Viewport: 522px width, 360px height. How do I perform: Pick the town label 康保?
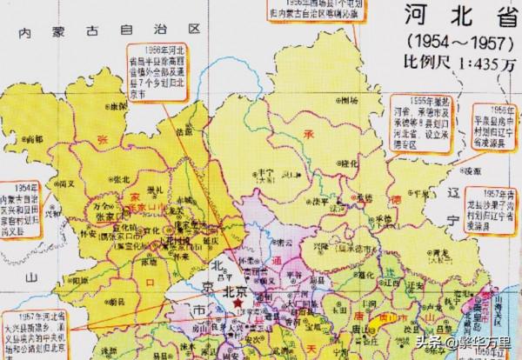click(113, 105)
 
